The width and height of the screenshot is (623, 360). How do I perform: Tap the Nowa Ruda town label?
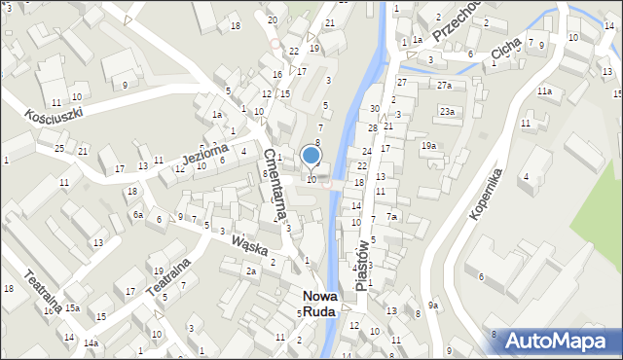tap(318, 304)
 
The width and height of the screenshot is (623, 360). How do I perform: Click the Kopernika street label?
tap(485, 193)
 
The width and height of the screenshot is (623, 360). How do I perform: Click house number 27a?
tap(444, 86)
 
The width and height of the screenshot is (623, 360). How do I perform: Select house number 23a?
tap(447, 112)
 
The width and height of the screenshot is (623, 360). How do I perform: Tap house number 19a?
tap(428, 146)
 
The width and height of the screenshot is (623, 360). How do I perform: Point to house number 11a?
tap(544, 91)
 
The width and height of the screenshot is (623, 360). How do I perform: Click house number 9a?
tap(434, 306)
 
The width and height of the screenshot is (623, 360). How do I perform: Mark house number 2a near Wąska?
tap(250, 270)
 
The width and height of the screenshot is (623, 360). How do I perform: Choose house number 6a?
tap(138, 214)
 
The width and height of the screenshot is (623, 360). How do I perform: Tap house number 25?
tap(59, 148)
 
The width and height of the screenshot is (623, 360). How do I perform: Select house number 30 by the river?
tap(374, 108)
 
